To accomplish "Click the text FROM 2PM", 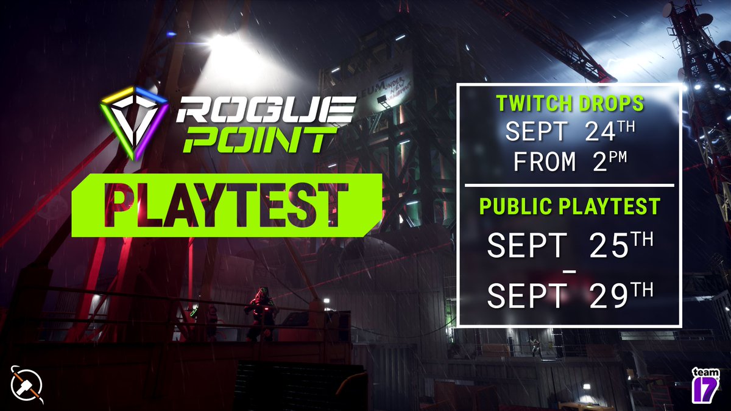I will click(569, 161).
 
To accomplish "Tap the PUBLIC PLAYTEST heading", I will click(569, 207).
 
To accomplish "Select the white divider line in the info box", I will click(569, 184).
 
